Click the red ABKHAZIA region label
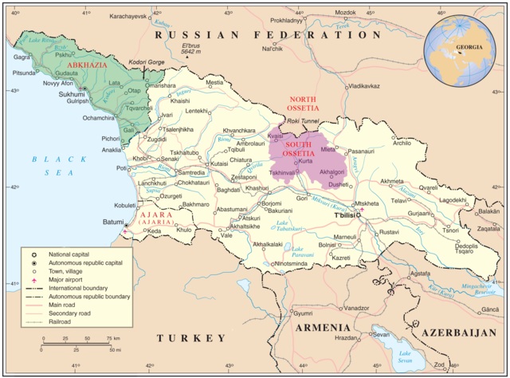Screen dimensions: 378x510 [x=91, y=64]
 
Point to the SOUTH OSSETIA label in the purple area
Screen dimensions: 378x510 [x=296, y=148]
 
